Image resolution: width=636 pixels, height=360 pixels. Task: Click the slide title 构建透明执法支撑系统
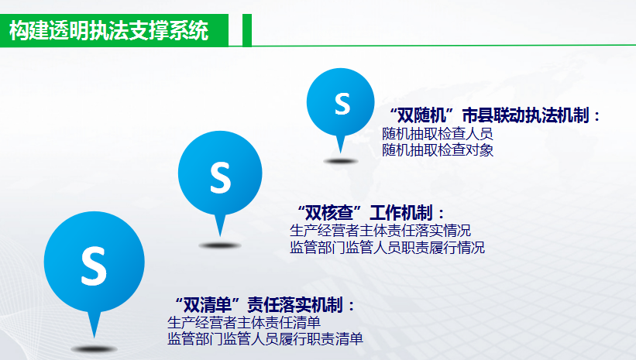108,31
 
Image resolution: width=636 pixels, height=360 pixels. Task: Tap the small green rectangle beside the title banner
247,30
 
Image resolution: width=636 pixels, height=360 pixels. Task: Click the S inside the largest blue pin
94,266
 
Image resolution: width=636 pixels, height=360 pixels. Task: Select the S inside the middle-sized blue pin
220,177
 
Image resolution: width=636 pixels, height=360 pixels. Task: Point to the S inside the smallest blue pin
342,104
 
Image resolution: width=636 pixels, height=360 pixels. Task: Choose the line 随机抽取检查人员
438,133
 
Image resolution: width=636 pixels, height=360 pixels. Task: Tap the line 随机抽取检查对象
438,150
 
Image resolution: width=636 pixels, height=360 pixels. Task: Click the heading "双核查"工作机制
371,212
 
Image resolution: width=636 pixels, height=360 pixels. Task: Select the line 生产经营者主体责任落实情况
380,231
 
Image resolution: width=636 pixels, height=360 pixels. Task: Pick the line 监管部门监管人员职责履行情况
387,247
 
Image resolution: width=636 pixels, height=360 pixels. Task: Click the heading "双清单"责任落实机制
265,305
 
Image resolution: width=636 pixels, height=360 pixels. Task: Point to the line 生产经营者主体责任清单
244,323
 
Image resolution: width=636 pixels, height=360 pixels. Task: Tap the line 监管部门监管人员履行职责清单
265,339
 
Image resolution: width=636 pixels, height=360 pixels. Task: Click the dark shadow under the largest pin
94,349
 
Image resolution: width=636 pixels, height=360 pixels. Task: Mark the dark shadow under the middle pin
220,245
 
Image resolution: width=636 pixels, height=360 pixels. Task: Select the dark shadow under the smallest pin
341,161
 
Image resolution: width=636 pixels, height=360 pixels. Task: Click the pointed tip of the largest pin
94,338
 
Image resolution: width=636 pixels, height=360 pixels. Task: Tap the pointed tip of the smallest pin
341,153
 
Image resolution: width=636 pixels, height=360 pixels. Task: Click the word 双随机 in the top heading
421,115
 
